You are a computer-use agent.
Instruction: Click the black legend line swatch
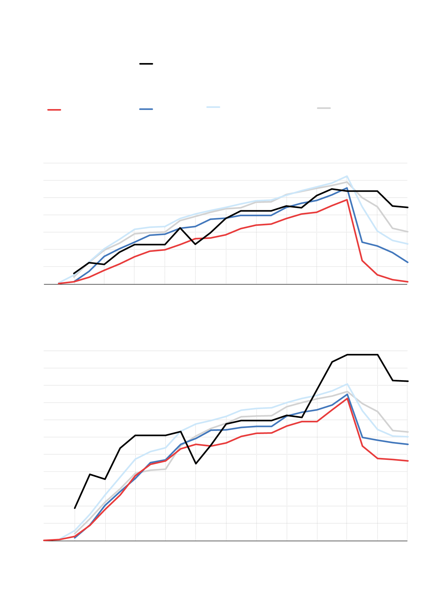[x=146, y=64]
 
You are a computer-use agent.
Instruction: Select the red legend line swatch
[x=54, y=110]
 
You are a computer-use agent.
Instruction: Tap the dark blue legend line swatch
[x=146, y=109]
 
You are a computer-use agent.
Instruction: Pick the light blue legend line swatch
[x=213, y=107]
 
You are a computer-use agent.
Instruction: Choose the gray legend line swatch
[x=324, y=108]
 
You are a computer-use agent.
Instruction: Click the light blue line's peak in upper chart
[x=347, y=176]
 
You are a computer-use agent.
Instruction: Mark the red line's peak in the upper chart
[x=347, y=199]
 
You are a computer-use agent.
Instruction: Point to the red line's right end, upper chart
[x=408, y=282]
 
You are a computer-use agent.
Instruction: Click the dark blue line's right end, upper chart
[x=408, y=262]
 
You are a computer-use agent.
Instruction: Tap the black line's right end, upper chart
[x=408, y=207]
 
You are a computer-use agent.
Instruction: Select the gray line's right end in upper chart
[x=408, y=232]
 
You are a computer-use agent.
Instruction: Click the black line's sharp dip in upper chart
[x=195, y=244]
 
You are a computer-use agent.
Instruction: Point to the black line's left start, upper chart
[x=74, y=273]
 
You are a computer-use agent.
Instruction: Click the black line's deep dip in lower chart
[x=196, y=464]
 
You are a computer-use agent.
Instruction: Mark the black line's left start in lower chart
[x=75, y=508]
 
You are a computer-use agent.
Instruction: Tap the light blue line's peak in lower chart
[x=347, y=384]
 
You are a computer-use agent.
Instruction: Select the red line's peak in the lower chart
[x=347, y=398]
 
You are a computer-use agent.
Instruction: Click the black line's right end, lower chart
[x=408, y=381]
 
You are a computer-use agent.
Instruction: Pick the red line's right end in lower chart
[x=408, y=461]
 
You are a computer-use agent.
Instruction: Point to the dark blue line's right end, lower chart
[x=408, y=444]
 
